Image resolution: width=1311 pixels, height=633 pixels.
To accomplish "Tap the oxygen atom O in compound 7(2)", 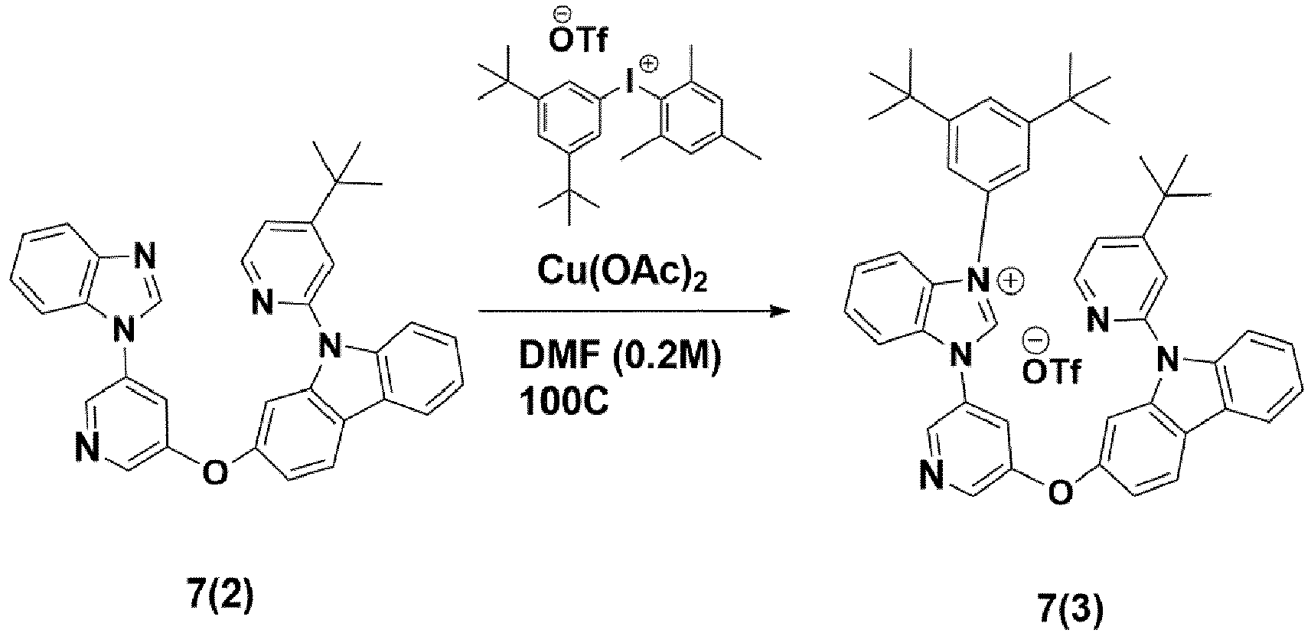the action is point(215,471).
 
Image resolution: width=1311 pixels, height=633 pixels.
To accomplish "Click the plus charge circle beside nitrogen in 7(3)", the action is point(1014,282).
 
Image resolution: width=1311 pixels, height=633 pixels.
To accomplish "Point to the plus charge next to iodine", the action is point(649,63).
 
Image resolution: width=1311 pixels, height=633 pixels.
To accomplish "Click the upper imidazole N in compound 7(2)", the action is point(145,256).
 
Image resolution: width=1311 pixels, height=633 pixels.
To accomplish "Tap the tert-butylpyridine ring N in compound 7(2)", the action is point(263,303).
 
